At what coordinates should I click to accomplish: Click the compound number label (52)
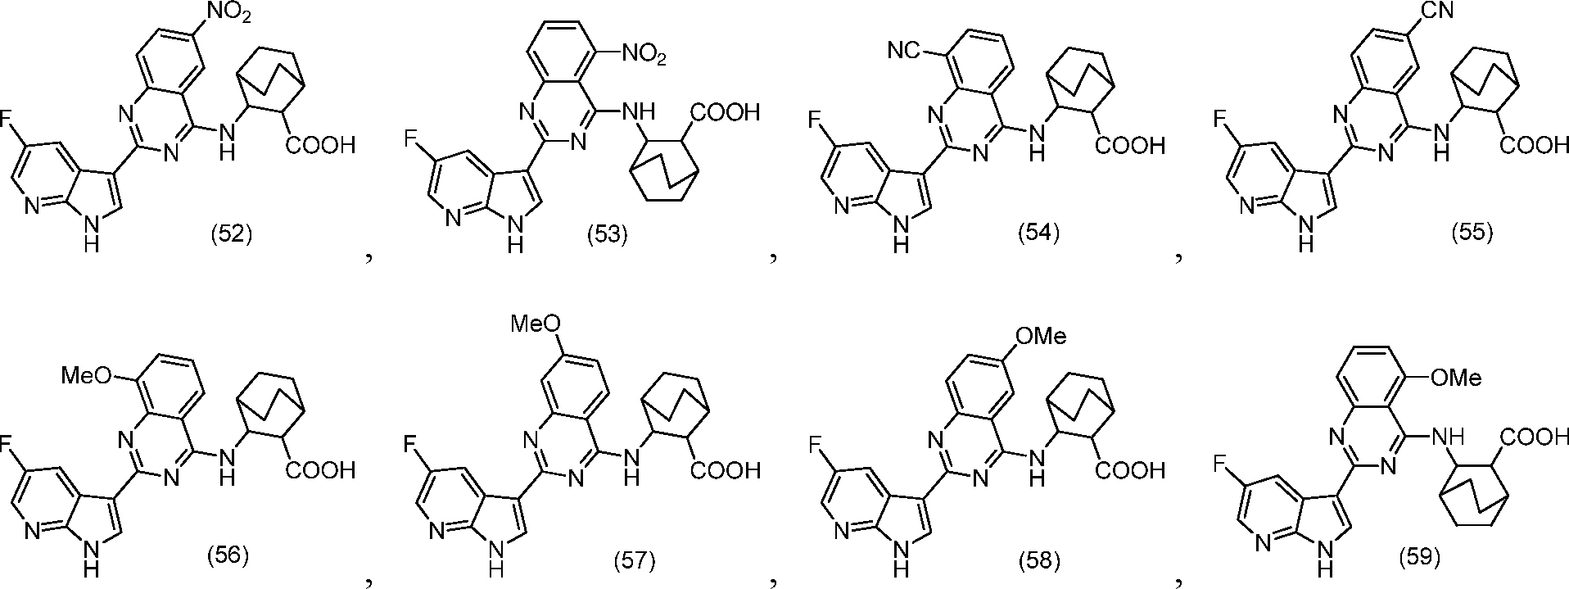(230, 235)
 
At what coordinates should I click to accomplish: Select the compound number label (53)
(607, 235)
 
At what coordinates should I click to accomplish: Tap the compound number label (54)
(1038, 233)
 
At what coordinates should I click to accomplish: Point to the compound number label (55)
(1472, 233)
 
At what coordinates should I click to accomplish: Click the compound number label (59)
(1419, 557)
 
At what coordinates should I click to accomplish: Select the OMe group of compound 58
(1040, 336)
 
